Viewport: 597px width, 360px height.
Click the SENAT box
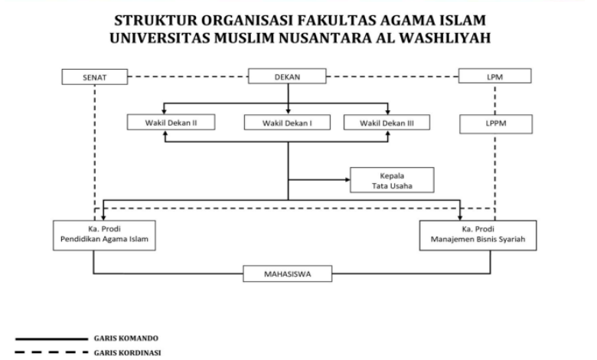click(x=95, y=77)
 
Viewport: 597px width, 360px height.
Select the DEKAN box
click(x=287, y=76)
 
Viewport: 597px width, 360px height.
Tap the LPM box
click(x=495, y=76)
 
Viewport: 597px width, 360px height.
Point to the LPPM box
click(x=496, y=124)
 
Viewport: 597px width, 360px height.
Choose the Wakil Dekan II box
click(x=171, y=123)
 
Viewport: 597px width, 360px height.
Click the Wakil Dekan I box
click(x=287, y=123)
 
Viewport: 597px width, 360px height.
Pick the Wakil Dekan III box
click(x=387, y=123)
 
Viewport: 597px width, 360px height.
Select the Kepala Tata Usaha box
click(x=392, y=180)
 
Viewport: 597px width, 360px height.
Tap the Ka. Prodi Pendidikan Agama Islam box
click(x=104, y=235)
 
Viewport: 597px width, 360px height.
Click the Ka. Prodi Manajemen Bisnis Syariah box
click(x=478, y=235)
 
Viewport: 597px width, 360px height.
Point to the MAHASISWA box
click(x=288, y=274)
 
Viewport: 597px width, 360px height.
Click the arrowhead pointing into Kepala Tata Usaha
click(x=347, y=180)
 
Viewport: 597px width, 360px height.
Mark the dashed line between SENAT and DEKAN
click(x=188, y=77)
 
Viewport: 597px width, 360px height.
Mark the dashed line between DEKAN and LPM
click(x=392, y=77)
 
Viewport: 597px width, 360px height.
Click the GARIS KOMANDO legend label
click(x=126, y=339)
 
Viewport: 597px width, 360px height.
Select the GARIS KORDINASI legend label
click(x=128, y=353)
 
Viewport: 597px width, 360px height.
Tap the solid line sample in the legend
click(x=51, y=339)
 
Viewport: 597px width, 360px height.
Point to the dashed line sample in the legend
click(x=51, y=352)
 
